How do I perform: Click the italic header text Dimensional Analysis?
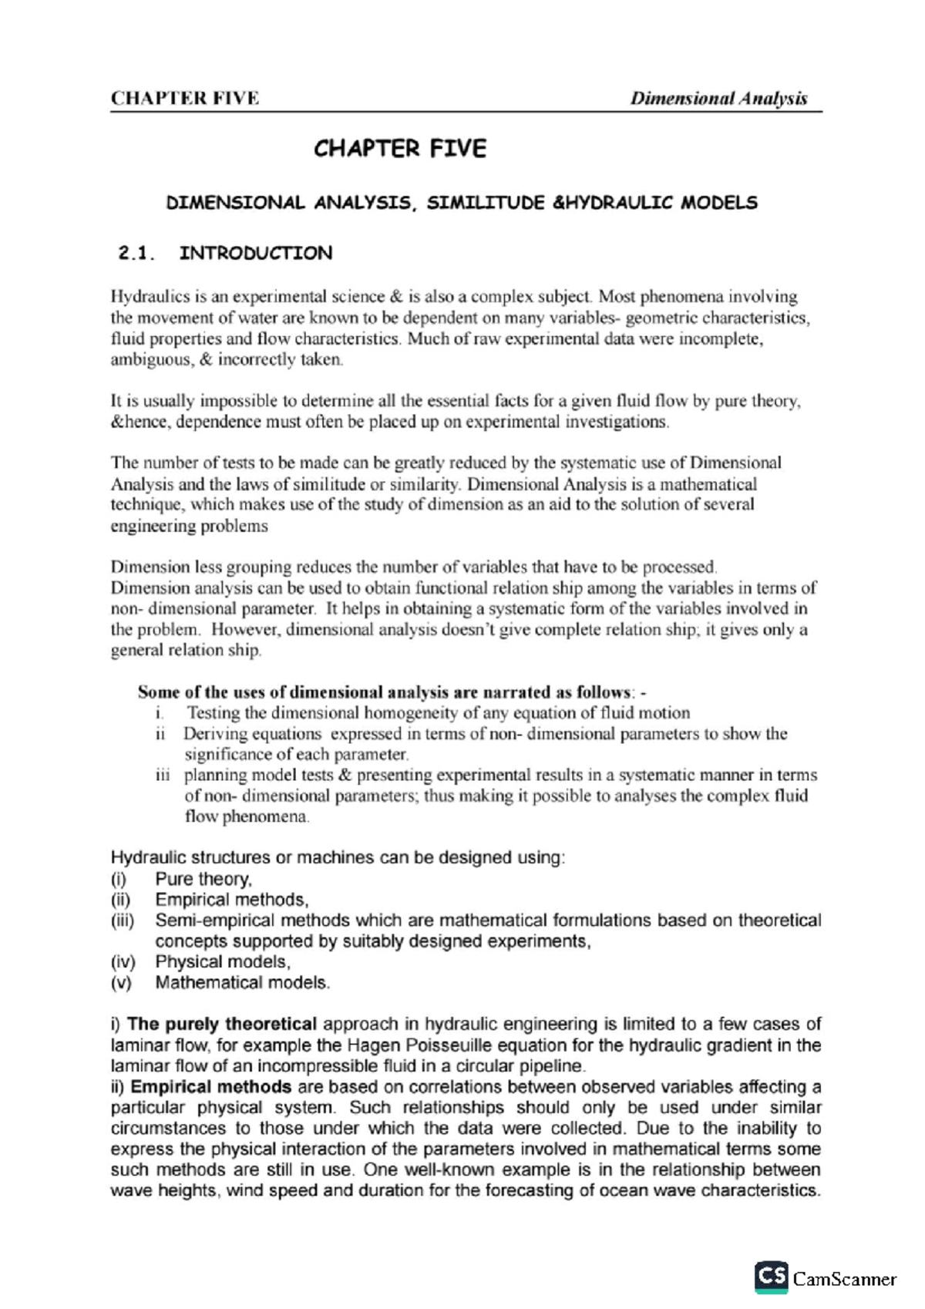tap(718, 99)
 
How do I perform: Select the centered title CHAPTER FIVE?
tap(399, 149)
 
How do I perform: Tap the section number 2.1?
tap(136, 254)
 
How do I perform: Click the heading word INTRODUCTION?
tap(255, 254)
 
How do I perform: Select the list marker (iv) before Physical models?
tap(123, 962)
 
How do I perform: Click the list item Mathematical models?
tap(242, 983)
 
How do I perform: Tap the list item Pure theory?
tap(203, 880)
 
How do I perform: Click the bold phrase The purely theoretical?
tap(222, 1025)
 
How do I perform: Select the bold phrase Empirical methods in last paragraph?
tap(210, 1087)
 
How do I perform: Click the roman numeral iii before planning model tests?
tap(163, 776)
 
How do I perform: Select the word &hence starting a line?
tap(133, 422)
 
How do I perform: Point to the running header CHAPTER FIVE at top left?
tap(184, 99)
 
